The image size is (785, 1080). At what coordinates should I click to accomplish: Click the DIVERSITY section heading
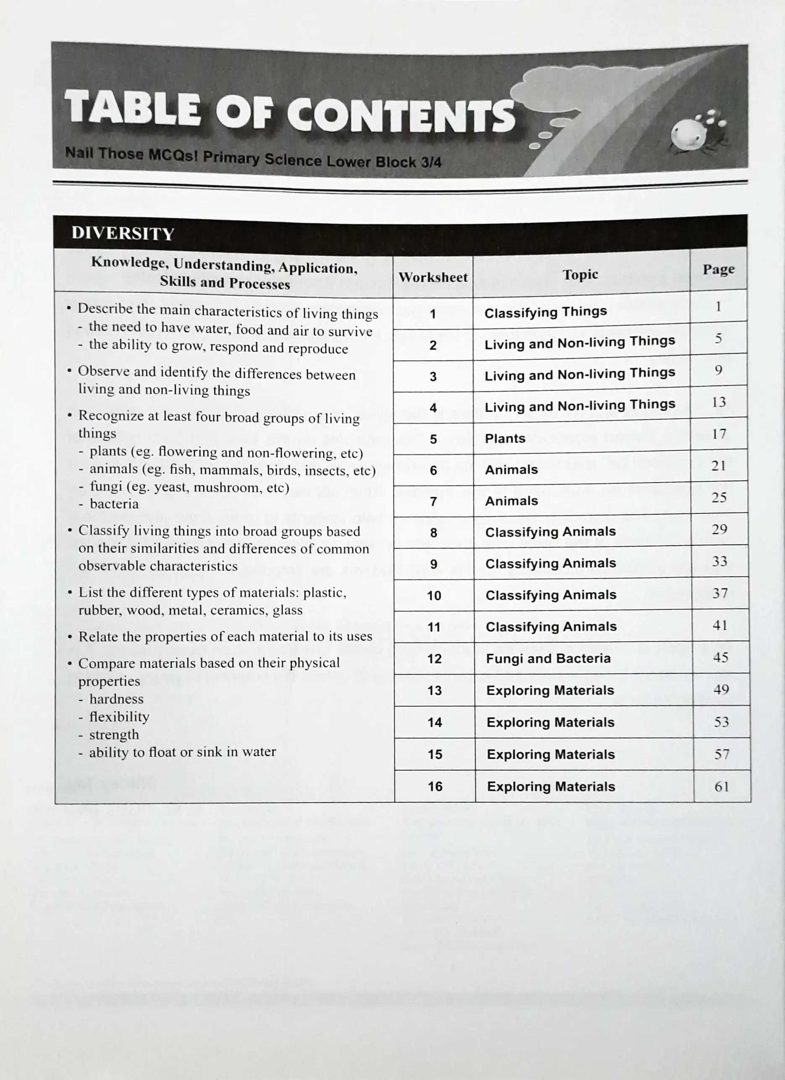coord(123,233)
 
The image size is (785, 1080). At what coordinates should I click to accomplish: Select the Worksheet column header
coord(433,277)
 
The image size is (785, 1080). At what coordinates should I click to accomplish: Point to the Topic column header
coord(580,274)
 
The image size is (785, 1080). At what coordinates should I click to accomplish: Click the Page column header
coord(718,269)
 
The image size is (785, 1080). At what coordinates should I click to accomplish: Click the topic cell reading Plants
coord(505,439)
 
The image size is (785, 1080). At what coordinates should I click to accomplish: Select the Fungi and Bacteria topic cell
coord(548,659)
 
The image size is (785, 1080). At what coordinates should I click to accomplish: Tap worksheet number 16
coord(435,786)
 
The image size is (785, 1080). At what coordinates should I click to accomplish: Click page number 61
coord(722,786)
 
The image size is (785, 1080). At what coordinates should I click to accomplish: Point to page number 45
coord(720,658)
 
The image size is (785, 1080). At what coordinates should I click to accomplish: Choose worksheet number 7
coord(434,502)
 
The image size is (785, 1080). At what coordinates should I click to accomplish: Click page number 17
coord(719,434)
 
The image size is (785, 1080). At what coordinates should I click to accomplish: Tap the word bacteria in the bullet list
coord(114,504)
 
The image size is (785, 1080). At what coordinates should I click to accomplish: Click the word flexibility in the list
coord(119,717)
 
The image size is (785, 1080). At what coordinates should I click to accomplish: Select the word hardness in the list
coord(116,699)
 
